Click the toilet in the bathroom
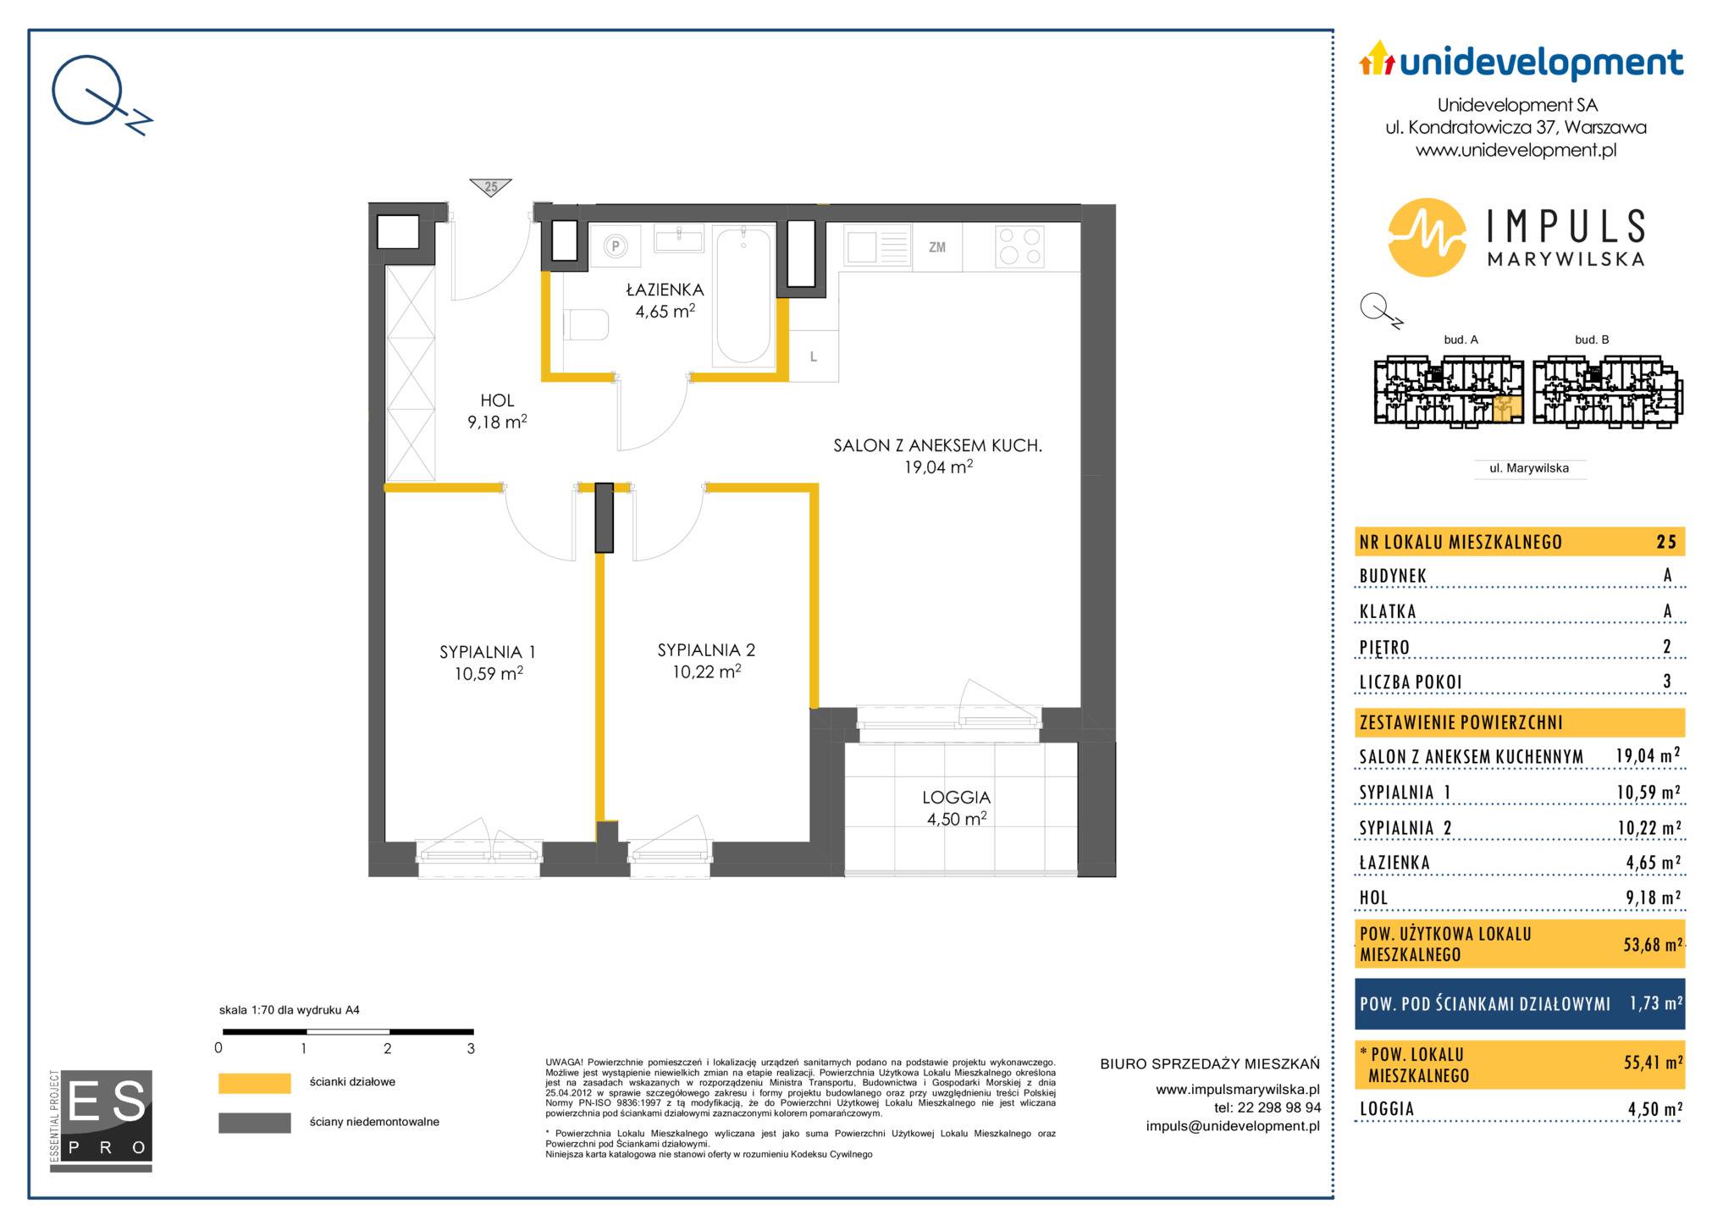tap(586, 325)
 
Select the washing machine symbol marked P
tap(616, 246)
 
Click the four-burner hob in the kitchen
tap(1019, 246)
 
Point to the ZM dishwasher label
tap(936, 247)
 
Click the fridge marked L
tap(814, 356)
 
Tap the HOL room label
tap(497, 400)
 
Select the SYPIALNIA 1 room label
tap(488, 652)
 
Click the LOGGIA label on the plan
tap(956, 797)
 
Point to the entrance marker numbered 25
tap(491, 187)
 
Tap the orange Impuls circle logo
tap(1428, 237)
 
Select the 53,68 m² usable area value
tap(1652, 943)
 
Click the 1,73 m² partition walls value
tap(1655, 1003)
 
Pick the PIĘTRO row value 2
tap(1667, 647)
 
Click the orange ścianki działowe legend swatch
tap(254, 1083)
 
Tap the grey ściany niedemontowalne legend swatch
tap(254, 1123)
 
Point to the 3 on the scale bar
tap(471, 1048)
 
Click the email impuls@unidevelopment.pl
tap(1233, 1126)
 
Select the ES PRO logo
tap(102, 1120)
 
